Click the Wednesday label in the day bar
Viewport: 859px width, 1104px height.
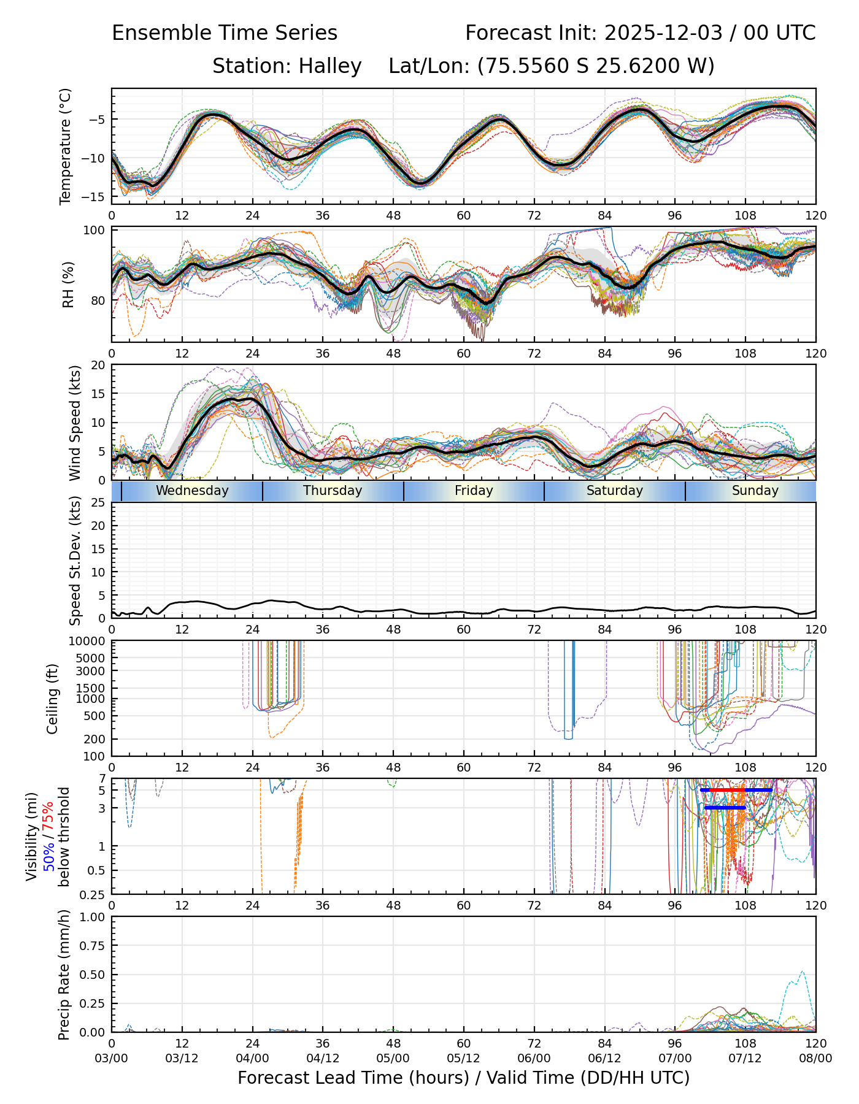coord(192,491)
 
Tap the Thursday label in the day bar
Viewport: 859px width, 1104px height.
coord(333,491)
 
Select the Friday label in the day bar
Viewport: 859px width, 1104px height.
coord(474,491)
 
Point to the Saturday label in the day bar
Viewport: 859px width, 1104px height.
coord(614,491)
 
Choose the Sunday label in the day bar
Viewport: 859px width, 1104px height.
coord(755,491)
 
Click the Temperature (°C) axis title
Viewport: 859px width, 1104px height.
coord(66,146)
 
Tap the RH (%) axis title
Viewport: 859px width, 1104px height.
coord(68,285)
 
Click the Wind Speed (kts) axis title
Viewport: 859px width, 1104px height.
coord(75,423)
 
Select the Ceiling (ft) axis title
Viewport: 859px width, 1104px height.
coord(53,699)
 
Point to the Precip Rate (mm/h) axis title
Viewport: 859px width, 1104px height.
coord(64,975)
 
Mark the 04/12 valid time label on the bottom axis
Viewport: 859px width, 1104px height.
coord(323,1059)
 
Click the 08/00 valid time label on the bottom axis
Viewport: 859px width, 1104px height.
coord(815,1059)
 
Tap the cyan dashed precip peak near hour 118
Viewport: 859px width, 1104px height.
coord(802,972)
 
